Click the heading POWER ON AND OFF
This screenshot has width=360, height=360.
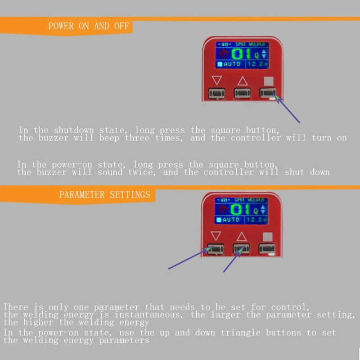(89, 26)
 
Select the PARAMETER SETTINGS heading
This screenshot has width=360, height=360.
(104, 195)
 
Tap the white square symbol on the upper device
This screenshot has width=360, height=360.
(269, 81)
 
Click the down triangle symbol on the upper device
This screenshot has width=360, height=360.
(217, 81)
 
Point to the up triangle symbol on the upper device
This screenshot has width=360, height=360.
(243, 81)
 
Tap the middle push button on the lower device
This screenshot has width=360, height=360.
(241, 248)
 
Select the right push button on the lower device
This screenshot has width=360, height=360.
(267, 248)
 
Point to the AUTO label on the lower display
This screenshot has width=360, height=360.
(231, 220)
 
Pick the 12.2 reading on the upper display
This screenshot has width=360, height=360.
(255, 64)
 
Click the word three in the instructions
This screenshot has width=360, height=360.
(138, 138)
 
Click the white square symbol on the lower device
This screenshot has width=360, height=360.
(268, 236)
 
